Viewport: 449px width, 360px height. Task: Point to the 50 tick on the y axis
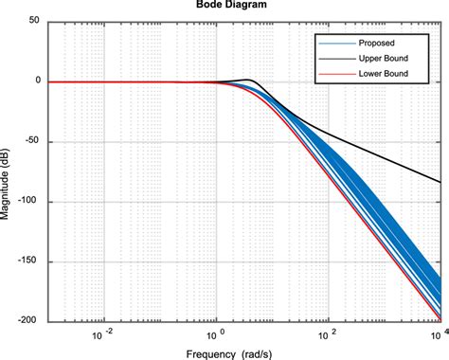pyautogui.click(x=32, y=21)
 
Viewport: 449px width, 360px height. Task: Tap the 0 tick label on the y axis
pyautogui.click(x=36, y=81)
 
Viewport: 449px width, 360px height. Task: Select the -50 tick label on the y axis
pyautogui.click(x=30, y=142)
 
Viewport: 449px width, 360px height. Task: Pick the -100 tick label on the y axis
pyautogui.click(x=28, y=202)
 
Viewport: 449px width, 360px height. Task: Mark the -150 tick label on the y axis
pyautogui.click(x=28, y=262)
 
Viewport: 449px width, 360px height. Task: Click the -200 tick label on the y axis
pyautogui.click(x=28, y=322)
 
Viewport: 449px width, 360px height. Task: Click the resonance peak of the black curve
pyautogui.click(x=248, y=80)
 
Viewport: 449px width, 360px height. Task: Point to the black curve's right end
pyautogui.click(x=440, y=182)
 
